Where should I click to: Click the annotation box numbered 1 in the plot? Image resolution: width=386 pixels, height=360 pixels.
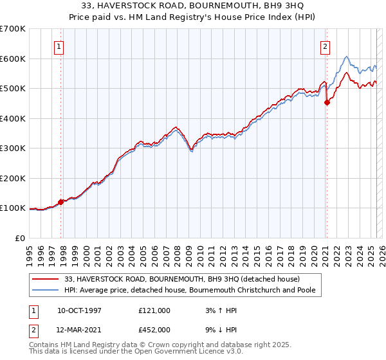pos(59,46)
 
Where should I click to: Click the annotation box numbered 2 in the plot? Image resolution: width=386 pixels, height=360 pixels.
pos(326,46)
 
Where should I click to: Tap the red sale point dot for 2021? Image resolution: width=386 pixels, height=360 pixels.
pos(327,103)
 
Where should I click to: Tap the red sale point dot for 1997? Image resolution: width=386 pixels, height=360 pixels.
pos(61,202)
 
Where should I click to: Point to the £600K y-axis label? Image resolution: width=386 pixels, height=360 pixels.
pos(13,59)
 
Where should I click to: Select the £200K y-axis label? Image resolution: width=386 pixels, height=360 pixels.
pos(13,178)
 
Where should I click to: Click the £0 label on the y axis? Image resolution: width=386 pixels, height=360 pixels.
pos(19,238)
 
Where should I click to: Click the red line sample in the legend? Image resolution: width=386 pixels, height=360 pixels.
pos(46,279)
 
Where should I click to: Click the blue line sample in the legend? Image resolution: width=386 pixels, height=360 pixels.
pos(46,290)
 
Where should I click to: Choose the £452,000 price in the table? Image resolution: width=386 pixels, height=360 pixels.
pos(154,329)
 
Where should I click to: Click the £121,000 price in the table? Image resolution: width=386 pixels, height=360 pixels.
pos(154,310)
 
